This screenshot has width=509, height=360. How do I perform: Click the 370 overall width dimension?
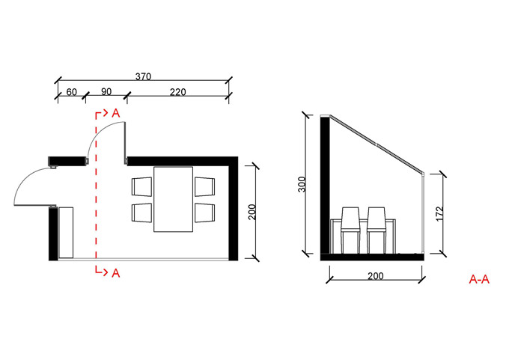point(143,76)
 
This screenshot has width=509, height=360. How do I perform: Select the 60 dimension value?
point(71,92)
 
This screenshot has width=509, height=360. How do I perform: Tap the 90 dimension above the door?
point(106,91)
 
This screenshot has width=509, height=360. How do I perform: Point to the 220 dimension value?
point(178,92)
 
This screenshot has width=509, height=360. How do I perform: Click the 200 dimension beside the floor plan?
point(252,212)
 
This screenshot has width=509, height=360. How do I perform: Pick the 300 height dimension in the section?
point(302,184)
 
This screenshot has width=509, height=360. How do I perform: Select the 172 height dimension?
point(439,213)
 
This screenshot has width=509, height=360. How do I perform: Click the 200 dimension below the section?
point(376,276)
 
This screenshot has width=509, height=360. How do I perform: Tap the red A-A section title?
point(479,279)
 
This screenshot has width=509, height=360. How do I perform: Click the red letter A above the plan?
point(116,113)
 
